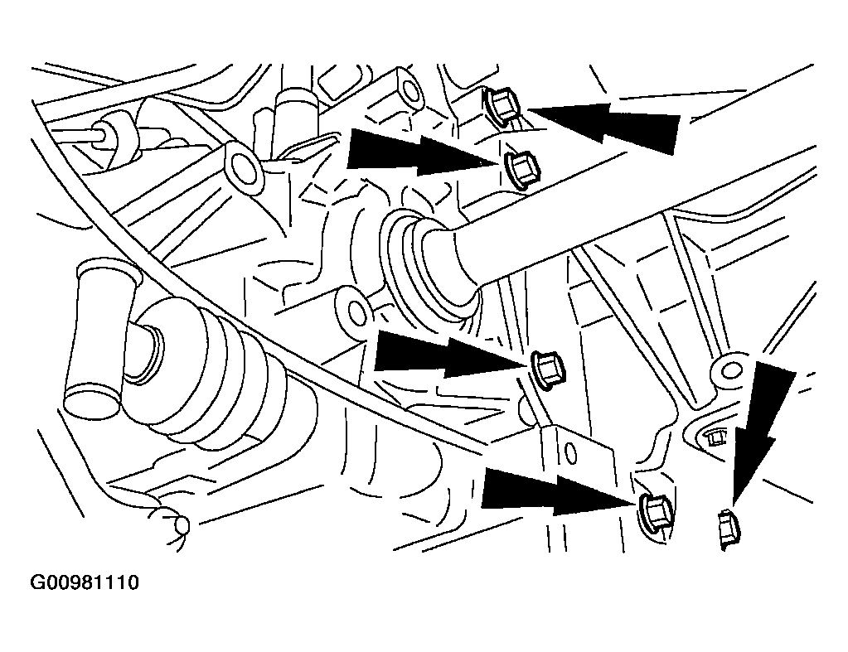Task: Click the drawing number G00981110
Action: tap(85, 582)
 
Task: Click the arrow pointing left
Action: tap(604, 125)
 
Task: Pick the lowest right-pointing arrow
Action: tap(559, 491)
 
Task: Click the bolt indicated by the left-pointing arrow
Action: tap(503, 106)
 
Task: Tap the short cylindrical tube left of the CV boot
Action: tap(97, 338)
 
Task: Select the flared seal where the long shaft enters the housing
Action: tap(427, 268)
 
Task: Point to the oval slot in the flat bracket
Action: tap(569, 454)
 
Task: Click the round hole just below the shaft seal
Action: tap(356, 312)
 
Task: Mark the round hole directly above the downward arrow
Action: tap(731, 371)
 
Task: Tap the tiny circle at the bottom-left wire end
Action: tap(183, 524)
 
